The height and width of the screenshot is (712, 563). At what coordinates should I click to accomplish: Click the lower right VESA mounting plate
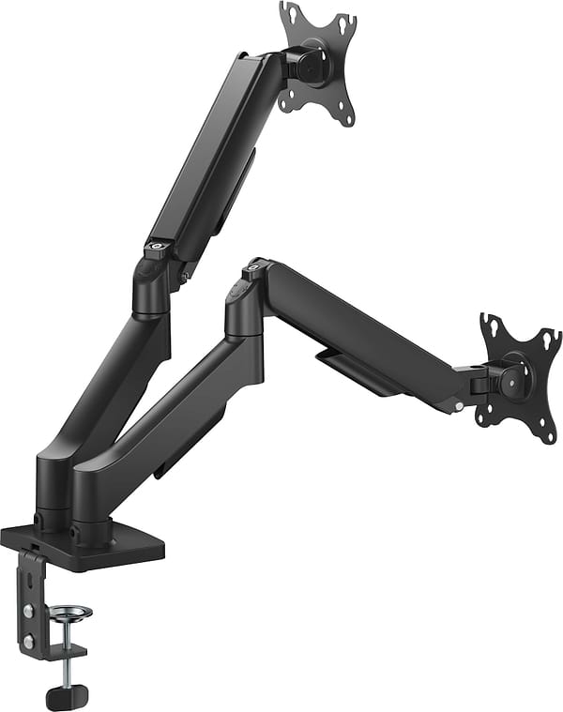[x=520, y=375]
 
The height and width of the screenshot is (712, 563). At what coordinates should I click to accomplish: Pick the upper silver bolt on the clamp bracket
[x=30, y=611]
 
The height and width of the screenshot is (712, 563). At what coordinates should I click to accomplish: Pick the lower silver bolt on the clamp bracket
[x=30, y=640]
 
